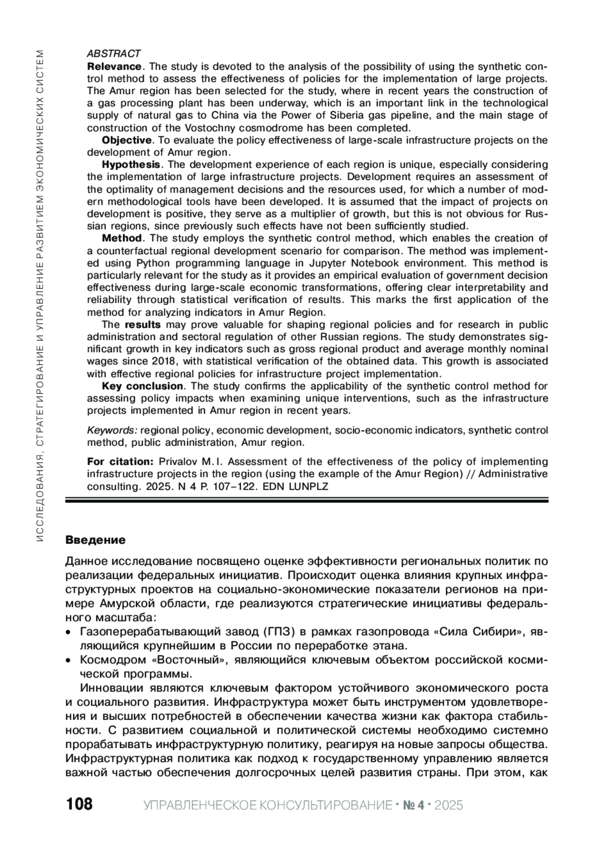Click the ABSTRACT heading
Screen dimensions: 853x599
tap(114, 53)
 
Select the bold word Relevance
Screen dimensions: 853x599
tap(114, 66)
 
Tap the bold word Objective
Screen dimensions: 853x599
tap(126, 140)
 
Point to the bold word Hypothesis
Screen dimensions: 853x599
tap(131, 165)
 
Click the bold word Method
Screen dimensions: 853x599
tap(122, 238)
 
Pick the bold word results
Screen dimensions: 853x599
tap(143, 325)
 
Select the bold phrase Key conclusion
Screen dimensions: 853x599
tap(143, 386)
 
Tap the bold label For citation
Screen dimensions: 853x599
tap(120, 461)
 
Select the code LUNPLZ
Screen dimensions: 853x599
tap(308, 486)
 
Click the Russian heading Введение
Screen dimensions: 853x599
tap(96, 540)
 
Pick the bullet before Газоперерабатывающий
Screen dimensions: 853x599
tap(69, 633)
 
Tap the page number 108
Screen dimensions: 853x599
tap(79, 805)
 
